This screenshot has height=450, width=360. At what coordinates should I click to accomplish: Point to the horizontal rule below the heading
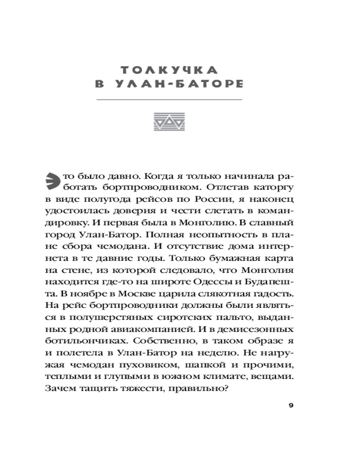point(170,99)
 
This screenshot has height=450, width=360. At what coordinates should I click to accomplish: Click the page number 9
point(291,406)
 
